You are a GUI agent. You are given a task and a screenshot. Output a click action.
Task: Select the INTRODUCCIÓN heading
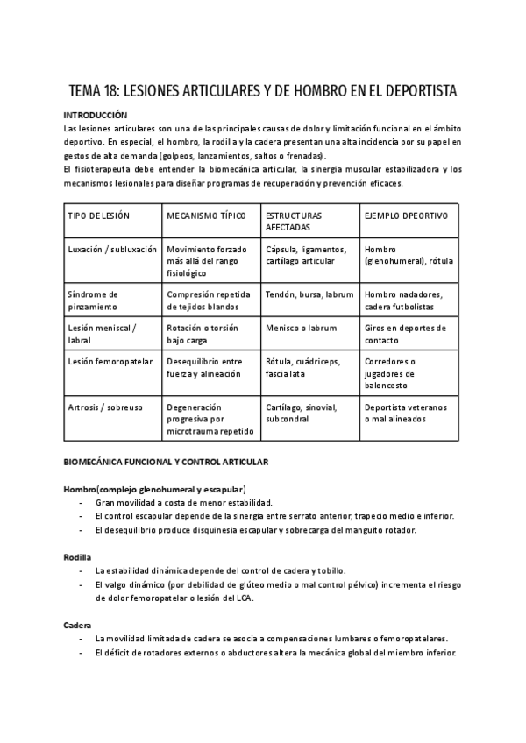coord(96,115)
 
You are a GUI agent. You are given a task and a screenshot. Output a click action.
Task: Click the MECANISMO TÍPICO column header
coord(206,216)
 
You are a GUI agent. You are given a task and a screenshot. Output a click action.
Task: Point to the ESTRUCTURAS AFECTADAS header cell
coord(294,221)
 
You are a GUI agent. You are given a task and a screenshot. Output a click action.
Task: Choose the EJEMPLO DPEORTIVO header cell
coord(405,216)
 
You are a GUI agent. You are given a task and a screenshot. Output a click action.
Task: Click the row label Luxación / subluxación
coord(112,249)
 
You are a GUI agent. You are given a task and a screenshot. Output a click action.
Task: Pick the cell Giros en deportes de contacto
coord(405,334)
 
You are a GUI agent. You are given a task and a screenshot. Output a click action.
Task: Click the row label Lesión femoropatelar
coord(110,361)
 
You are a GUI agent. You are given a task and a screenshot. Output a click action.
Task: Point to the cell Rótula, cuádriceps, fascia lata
coord(302,367)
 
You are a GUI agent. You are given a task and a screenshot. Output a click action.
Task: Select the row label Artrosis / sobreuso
coord(105,407)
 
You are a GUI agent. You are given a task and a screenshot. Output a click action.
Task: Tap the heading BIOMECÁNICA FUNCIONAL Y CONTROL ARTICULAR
coord(167,462)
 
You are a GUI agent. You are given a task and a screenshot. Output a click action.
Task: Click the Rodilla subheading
coord(77,555)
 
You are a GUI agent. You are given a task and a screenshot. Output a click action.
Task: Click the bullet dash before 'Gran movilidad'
coord(81,503)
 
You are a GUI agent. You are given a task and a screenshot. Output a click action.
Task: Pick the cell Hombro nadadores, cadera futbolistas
coord(404,301)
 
